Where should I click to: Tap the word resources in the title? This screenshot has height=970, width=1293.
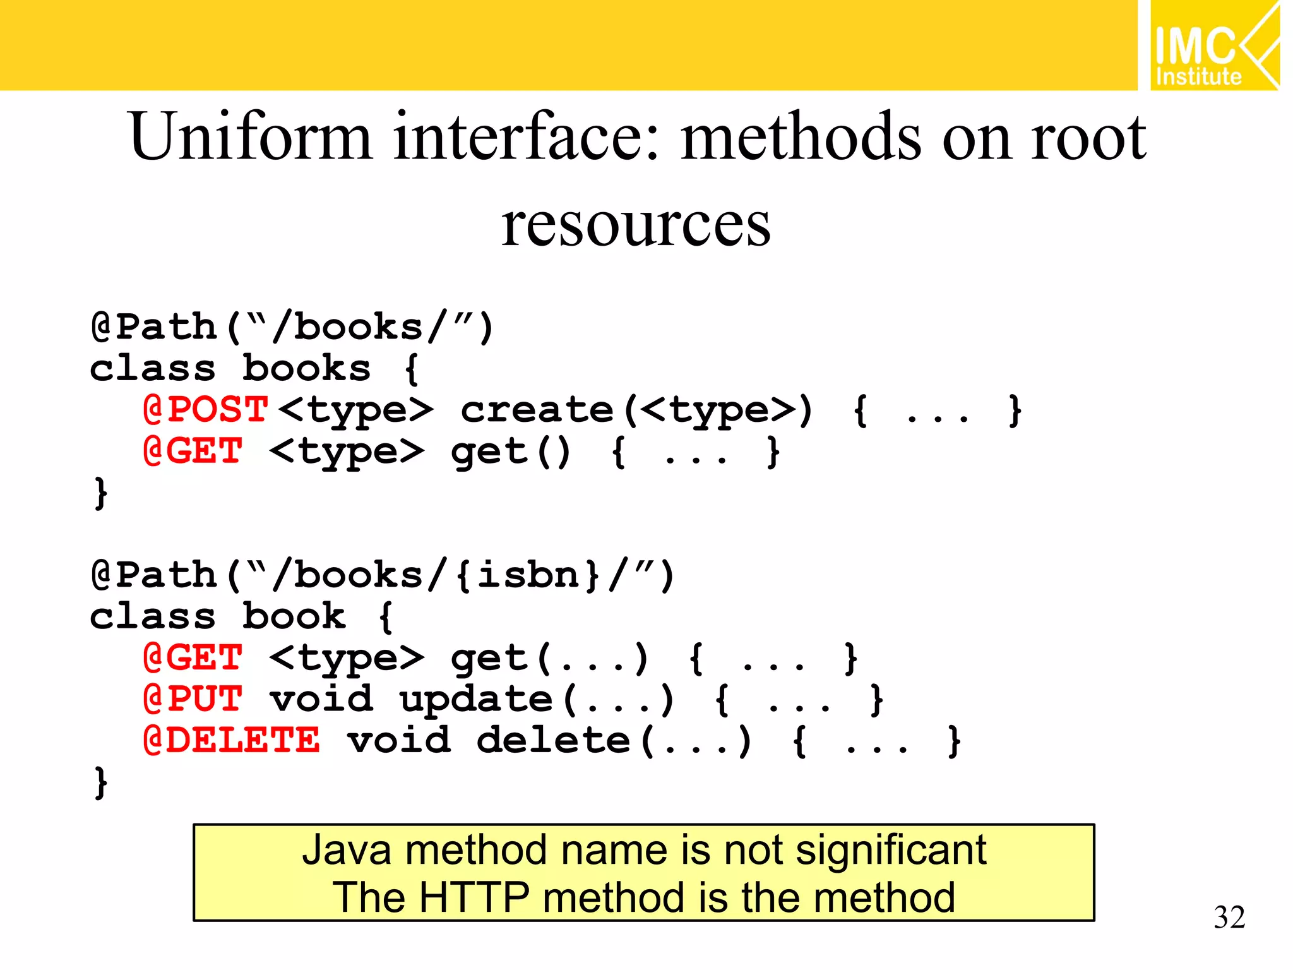(x=636, y=225)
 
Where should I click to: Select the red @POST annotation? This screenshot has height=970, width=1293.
(x=206, y=410)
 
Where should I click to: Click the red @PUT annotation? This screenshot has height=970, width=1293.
(x=193, y=699)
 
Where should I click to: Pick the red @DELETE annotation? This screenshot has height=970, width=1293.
(x=231, y=740)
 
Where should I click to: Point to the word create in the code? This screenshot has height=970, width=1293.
(x=537, y=410)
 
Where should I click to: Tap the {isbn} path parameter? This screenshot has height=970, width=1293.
(x=527, y=575)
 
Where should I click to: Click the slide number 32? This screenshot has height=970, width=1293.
(x=1229, y=917)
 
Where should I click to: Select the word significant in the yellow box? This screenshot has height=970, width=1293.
(x=891, y=850)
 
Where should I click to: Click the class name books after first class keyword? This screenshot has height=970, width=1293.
(x=306, y=368)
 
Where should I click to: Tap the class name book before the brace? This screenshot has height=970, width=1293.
(x=294, y=616)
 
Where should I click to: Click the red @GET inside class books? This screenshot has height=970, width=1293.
(x=193, y=451)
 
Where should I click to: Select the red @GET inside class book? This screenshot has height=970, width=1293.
(x=193, y=658)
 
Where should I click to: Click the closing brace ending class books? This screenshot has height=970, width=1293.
(x=100, y=493)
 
